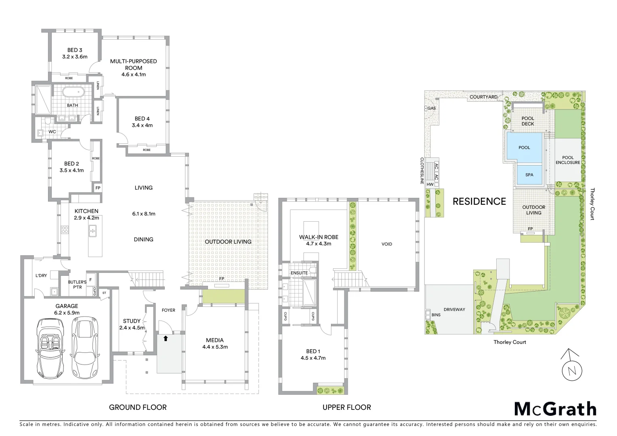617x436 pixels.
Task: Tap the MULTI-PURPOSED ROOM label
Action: (x=133, y=65)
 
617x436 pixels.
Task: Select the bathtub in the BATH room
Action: (x=73, y=92)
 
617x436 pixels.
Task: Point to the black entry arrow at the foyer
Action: (x=166, y=338)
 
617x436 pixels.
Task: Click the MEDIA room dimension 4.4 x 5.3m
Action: (x=215, y=347)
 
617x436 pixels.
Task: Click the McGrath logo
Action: (x=555, y=409)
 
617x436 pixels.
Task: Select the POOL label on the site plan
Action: (x=524, y=148)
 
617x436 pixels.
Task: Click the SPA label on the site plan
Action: (x=529, y=175)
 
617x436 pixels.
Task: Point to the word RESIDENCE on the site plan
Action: (x=479, y=201)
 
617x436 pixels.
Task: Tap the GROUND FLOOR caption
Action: (x=138, y=407)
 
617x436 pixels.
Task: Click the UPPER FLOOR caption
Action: (x=346, y=407)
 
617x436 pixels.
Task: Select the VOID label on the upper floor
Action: (x=386, y=244)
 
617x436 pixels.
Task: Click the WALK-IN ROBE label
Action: (x=319, y=237)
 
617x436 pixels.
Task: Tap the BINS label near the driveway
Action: (x=436, y=315)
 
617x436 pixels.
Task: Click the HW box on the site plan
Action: (x=430, y=184)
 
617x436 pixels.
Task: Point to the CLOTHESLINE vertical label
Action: (x=422, y=171)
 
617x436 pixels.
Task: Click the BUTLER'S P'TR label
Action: (x=77, y=285)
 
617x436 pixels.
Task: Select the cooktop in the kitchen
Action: (x=65, y=230)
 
